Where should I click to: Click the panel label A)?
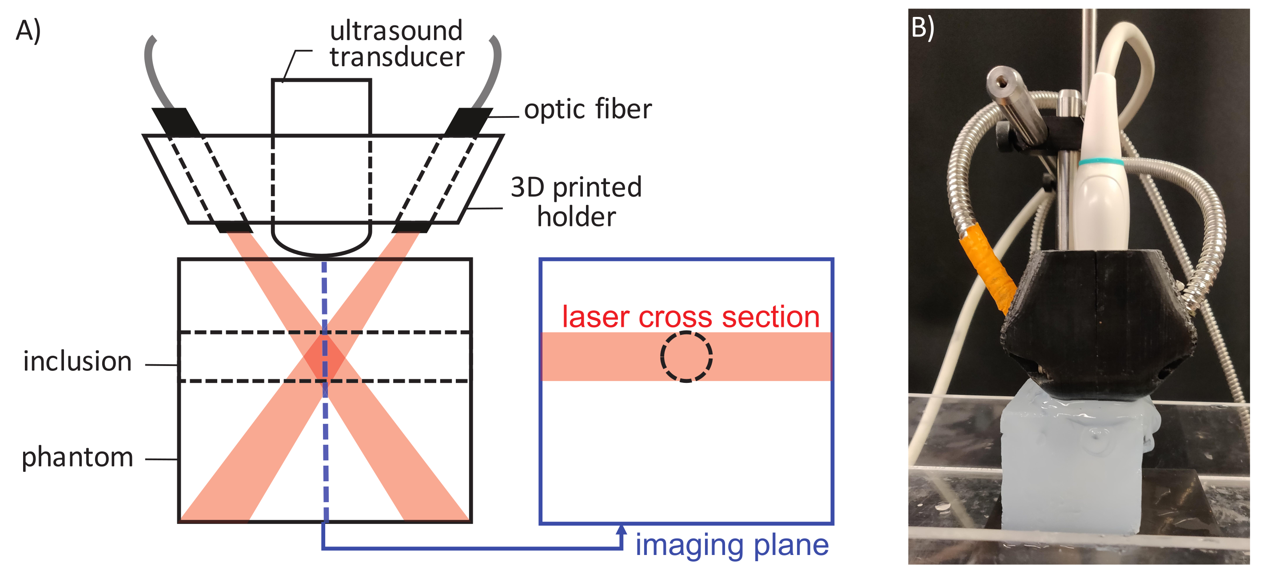coord(28,31)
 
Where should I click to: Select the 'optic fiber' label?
coord(588,109)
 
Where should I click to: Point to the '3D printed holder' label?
coord(577,202)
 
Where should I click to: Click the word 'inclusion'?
coord(78,362)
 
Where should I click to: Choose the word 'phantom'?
coord(78,457)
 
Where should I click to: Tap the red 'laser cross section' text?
coord(690,317)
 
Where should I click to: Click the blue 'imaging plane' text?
coord(732,545)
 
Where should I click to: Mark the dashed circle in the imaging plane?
coord(686,357)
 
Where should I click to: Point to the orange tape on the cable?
coord(988,266)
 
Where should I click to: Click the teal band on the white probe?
coord(1101,162)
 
